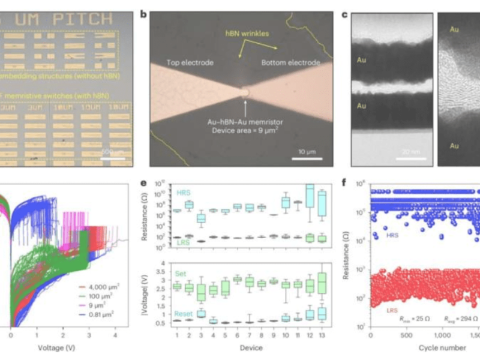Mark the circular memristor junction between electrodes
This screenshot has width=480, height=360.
click(245, 92)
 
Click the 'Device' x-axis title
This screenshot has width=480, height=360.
click(247, 346)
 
